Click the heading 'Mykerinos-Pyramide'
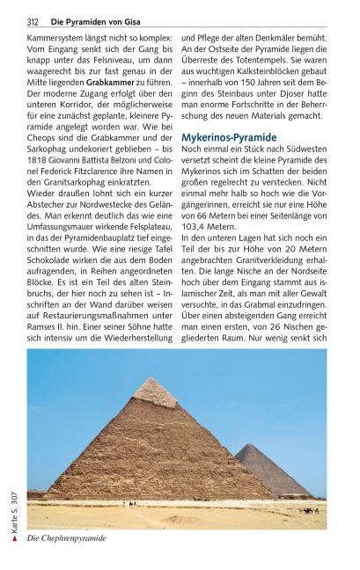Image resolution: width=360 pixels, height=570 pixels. [x=229, y=138]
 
